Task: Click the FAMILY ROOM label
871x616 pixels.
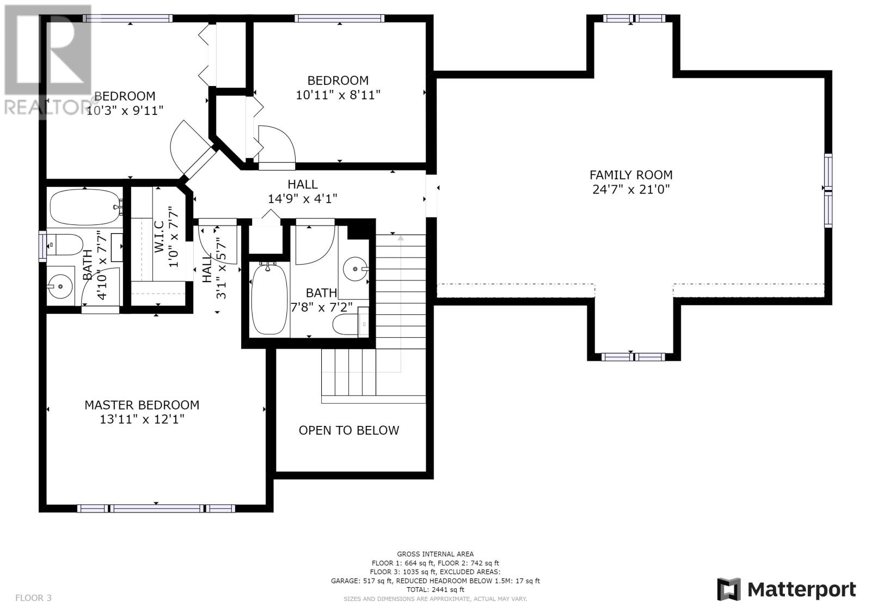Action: pos(631,175)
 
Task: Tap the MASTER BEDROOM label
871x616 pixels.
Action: pos(142,405)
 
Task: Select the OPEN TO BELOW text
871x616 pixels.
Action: pos(349,430)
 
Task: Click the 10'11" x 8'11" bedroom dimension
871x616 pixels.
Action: pos(338,95)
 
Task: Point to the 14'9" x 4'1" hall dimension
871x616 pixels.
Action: pos(302,199)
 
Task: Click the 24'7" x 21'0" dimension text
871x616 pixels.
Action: pos(631,190)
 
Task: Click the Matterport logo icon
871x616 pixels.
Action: pos(729,589)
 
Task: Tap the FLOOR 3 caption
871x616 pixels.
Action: pos(33,597)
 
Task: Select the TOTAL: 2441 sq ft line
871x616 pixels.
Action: pos(435,589)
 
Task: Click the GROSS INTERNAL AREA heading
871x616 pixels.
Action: pos(435,554)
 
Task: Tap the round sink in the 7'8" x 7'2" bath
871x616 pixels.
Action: pos(355,269)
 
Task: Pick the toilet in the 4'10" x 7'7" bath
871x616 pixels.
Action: pos(65,245)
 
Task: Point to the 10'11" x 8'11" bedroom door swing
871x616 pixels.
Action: pos(277,144)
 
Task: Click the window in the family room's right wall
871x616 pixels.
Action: pos(828,190)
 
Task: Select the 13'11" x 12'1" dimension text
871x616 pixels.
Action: pos(142,419)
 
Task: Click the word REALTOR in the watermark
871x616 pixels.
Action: pos(46,108)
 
